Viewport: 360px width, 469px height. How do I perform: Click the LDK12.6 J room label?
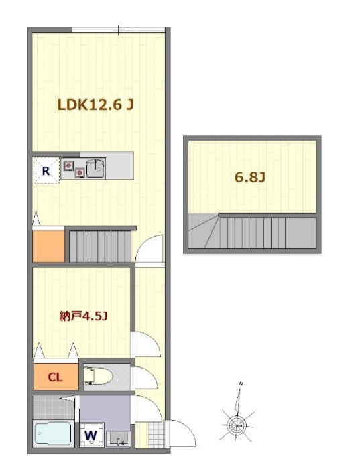(95, 105)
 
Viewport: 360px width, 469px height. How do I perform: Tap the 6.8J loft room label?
(250, 178)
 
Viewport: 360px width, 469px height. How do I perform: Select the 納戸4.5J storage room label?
(83, 316)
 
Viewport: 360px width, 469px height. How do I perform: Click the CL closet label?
(56, 377)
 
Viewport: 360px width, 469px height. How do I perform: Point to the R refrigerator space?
(46, 170)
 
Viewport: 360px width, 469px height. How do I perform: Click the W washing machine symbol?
(91, 435)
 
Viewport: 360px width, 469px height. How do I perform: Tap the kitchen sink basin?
(95, 169)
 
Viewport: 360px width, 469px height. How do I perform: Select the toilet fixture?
(98, 377)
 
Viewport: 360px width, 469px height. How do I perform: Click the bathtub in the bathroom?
(53, 433)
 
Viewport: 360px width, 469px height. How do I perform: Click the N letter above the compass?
(241, 384)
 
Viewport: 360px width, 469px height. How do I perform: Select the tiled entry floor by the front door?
(156, 435)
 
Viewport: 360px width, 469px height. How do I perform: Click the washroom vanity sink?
(119, 439)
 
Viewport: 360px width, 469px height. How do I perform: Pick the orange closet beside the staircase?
(48, 246)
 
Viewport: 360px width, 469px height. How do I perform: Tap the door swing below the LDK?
(149, 249)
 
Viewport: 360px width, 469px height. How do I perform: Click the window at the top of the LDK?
(119, 30)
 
